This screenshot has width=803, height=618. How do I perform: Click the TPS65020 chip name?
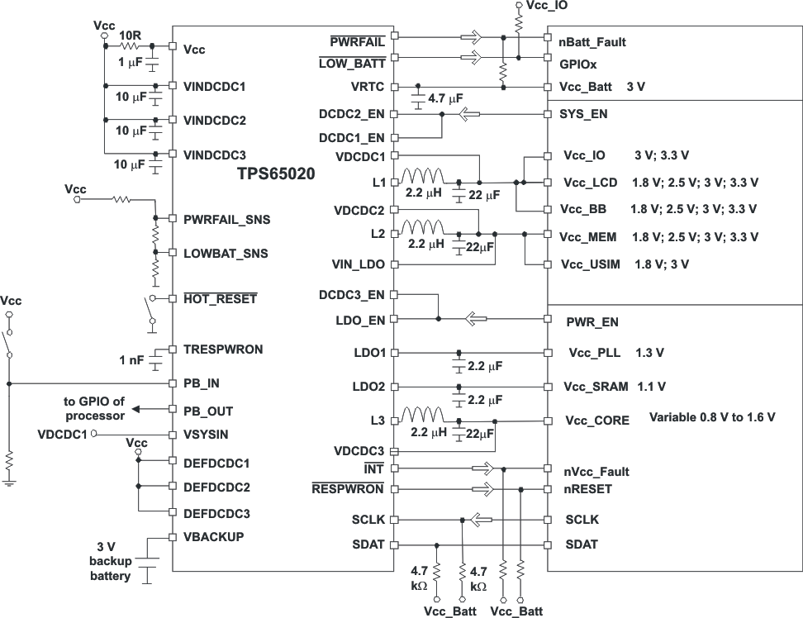[276, 174]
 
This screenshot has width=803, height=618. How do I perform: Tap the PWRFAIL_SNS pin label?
[226, 220]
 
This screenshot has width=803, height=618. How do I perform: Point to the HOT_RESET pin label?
[220, 298]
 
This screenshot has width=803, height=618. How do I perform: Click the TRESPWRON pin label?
[223, 349]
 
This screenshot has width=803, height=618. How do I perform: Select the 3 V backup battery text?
[110, 561]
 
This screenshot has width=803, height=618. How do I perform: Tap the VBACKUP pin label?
[213, 536]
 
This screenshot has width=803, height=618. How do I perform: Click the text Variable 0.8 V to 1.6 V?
[712, 417]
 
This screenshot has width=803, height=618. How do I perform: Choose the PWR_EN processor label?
[592, 322]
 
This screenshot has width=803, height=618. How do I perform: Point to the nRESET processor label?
[588, 489]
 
